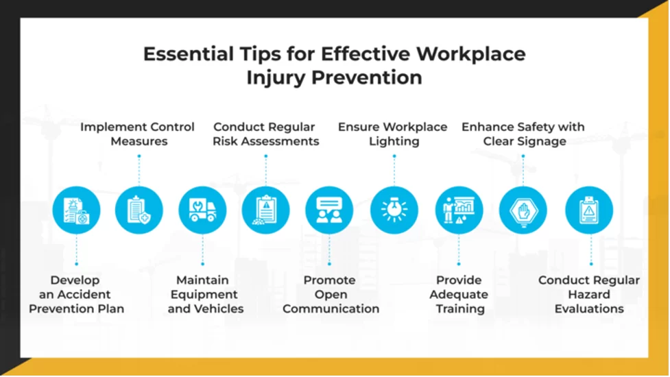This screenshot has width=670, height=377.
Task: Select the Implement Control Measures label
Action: coord(137,134)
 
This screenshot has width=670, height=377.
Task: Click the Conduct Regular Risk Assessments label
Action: coord(265,134)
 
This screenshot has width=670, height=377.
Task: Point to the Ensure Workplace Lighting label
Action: coord(393,134)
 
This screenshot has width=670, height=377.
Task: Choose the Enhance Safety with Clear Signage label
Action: coord(523,134)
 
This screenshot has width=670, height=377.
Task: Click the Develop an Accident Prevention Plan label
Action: coord(76,294)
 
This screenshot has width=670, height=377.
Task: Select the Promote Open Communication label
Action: coord(331,294)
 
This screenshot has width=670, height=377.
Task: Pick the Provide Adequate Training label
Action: coord(459,294)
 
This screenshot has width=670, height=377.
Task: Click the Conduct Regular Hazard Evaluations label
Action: coord(589,294)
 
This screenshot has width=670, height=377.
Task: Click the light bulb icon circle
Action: coord(394,210)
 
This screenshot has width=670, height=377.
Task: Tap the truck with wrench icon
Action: coord(202,210)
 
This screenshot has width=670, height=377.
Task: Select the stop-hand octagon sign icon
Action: coord(523,210)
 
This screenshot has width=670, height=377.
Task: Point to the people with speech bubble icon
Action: coord(329,210)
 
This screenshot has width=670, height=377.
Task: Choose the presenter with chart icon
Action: coord(459,210)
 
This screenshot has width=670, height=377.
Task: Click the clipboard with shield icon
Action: coord(139,210)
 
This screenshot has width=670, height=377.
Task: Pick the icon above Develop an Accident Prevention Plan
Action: coord(76,210)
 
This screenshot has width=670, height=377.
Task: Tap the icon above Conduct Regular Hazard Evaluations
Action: coord(589,210)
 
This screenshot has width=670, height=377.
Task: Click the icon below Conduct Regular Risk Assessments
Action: coord(265,210)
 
